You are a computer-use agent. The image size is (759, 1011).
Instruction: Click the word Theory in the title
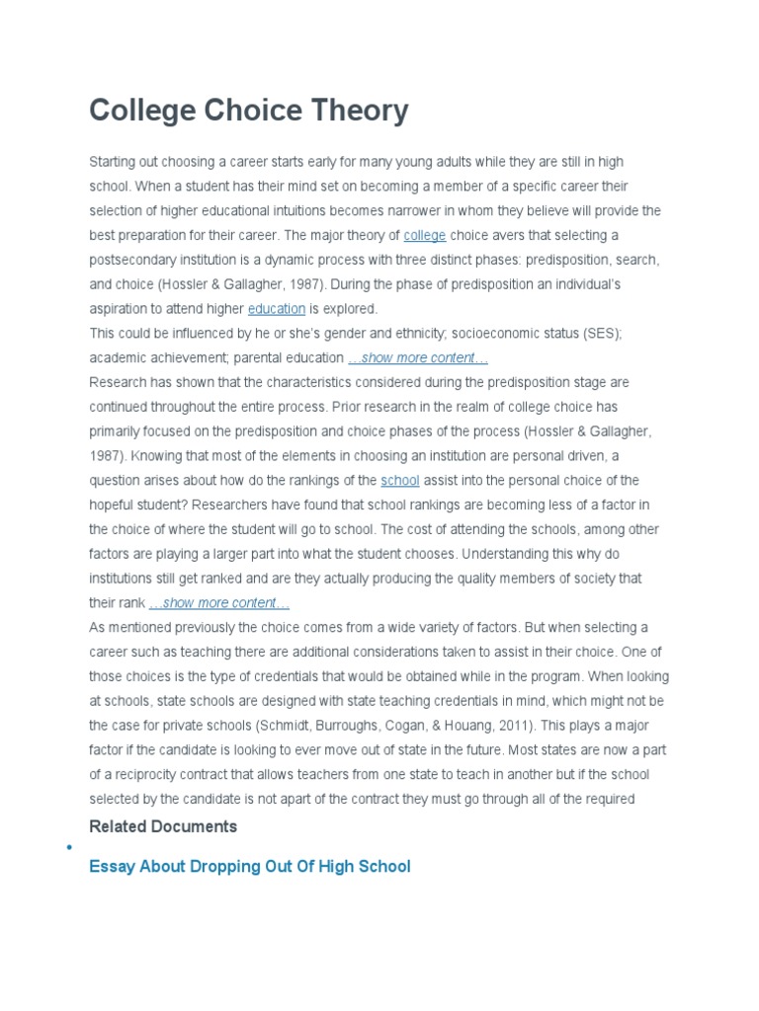(352, 111)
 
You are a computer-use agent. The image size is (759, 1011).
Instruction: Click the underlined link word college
(425, 235)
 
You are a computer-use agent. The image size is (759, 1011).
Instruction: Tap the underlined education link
(277, 309)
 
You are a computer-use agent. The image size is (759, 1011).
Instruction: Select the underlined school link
(400, 480)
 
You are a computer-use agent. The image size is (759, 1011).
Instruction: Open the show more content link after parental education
(418, 357)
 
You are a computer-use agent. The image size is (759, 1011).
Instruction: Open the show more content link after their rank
(219, 602)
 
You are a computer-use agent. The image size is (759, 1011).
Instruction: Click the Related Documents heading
(163, 825)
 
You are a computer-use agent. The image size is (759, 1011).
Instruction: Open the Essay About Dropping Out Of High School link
(249, 867)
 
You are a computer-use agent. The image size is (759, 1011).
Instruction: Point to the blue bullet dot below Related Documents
(68, 848)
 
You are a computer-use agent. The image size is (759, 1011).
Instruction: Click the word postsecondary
(133, 260)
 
